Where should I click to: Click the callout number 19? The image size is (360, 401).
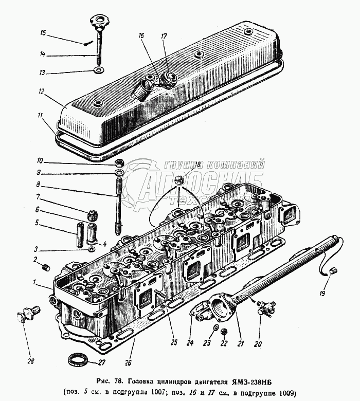(x=322, y=294)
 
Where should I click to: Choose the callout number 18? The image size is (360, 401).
(x=198, y=165)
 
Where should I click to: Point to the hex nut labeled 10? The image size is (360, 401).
(x=118, y=162)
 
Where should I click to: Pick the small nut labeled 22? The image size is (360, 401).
(x=223, y=332)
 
